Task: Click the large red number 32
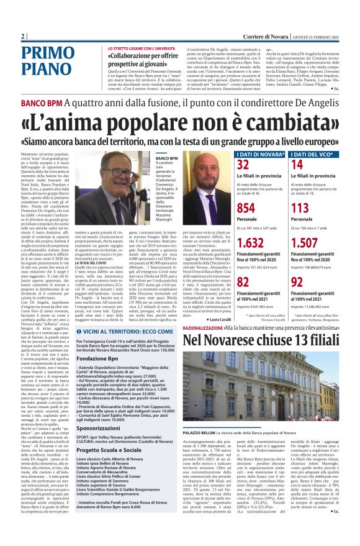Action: (x=243, y=164)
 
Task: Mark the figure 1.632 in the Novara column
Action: (x=250, y=242)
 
